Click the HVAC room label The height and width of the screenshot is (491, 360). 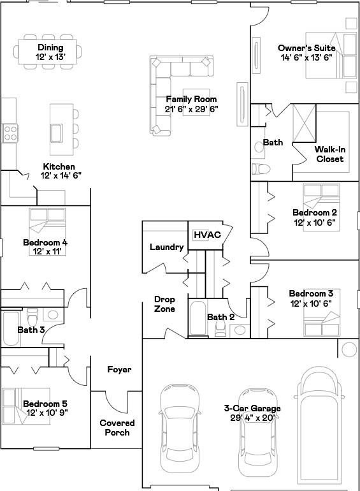coord(207,235)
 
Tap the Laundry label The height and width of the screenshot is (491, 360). coord(166,247)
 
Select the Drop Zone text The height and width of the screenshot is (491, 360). coord(164,304)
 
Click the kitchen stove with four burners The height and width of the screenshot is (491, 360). coord(10,133)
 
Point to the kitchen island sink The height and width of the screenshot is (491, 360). coord(57,133)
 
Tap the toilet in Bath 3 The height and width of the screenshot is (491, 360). coord(32,317)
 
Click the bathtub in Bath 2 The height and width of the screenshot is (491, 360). coord(198,318)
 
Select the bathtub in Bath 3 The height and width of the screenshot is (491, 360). coord(11,328)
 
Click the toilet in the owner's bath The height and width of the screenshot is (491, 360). coord(261,169)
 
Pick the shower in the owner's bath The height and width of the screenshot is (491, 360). coord(304,123)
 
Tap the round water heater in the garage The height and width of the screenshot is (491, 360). coord(349,349)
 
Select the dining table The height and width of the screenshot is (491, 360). coord(48,52)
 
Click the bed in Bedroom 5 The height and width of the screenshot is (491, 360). coord(26,406)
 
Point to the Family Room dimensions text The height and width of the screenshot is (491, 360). coord(191,109)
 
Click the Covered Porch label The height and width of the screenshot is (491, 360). coord(117,428)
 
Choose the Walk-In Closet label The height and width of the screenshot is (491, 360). coord(330,154)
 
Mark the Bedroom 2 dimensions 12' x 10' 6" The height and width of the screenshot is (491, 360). coord(315,223)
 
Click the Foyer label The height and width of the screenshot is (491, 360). coord(119,369)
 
